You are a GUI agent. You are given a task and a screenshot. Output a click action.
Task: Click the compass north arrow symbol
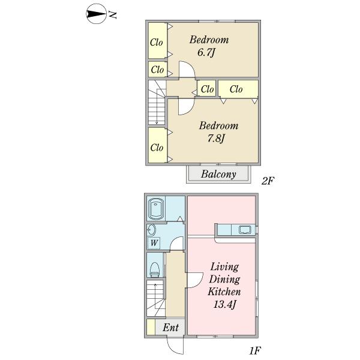click(96, 14)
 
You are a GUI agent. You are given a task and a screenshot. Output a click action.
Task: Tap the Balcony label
click(218, 174)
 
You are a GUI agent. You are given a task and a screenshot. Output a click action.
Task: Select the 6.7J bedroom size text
click(206, 53)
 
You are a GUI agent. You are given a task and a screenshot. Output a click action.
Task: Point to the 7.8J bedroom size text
click(216, 139)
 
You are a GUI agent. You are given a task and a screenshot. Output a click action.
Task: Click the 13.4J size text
click(224, 304)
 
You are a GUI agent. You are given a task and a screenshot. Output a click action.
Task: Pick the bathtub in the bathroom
click(156, 209)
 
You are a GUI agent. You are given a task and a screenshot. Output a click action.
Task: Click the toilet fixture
click(155, 269)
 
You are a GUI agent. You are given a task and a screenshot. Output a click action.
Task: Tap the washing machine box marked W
click(154, 243)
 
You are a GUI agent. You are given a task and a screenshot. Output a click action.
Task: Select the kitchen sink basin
click(245, 230)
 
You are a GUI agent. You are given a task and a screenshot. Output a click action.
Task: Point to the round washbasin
click(152, 230)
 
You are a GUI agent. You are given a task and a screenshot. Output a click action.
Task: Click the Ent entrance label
click(170, 328)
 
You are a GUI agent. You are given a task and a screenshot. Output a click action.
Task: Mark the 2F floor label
click(268, 181)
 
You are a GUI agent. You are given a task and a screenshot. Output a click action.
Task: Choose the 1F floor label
click(255, 350)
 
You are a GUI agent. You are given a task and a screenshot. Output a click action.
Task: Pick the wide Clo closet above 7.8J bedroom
click(238, 89)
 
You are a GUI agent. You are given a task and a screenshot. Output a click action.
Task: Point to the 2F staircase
click(157, 103)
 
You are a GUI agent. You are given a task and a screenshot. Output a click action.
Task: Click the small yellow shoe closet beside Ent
click(151, 327)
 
